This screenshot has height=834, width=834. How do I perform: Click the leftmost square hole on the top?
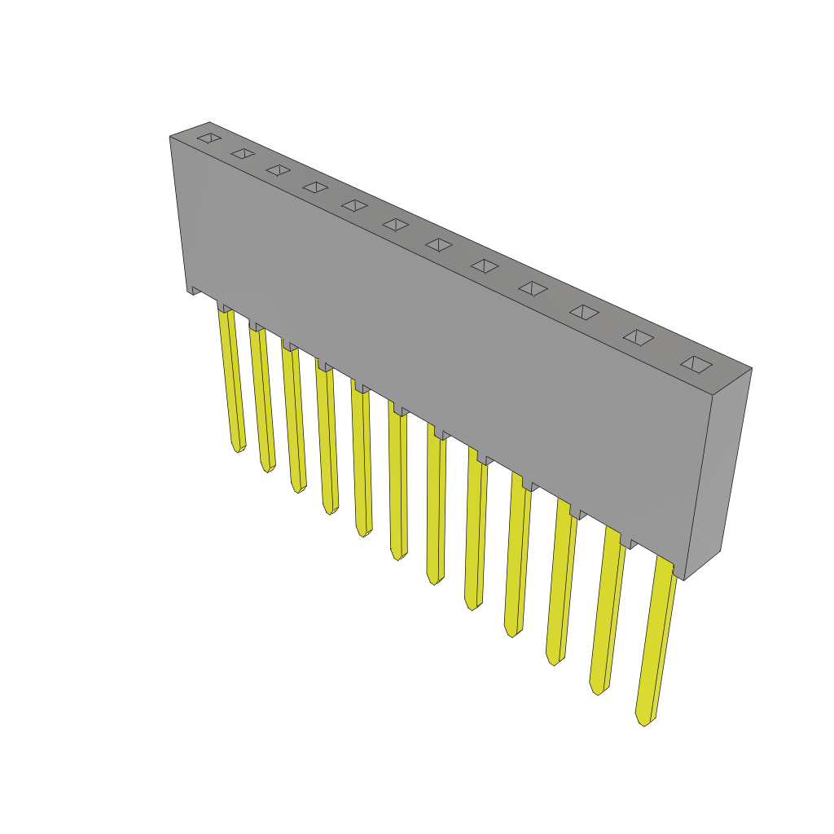pyautogui.click(x=209, y=138)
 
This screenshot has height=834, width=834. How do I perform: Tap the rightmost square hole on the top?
pyautogui.click(x=696, y=364)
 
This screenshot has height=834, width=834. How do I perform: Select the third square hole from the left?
pyautogui.click(x=279, y=169)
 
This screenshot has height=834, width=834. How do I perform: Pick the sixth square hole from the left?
pyautogui.click(x=396, y=224)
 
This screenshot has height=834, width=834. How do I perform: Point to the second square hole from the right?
pyautogui.click(x=639, y=337)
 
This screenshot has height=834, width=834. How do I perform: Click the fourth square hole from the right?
pyautogui.click(x=533, y=288)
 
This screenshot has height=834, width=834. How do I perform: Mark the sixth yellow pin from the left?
pyautogui.click(x=397, y=485)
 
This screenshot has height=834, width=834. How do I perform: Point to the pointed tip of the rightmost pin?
pyautogui.click(x=643, y=722)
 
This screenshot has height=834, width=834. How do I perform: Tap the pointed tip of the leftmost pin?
pyautogui.click(x=238, y=449)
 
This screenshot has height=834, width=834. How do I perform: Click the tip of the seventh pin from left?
pyautogui.click(x=434, y=581)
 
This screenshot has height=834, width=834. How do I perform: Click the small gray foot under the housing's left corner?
pyautogui.click(x=195, y=290)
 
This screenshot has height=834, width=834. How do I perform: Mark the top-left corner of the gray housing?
pyautogui.click(x=171, y=138)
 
